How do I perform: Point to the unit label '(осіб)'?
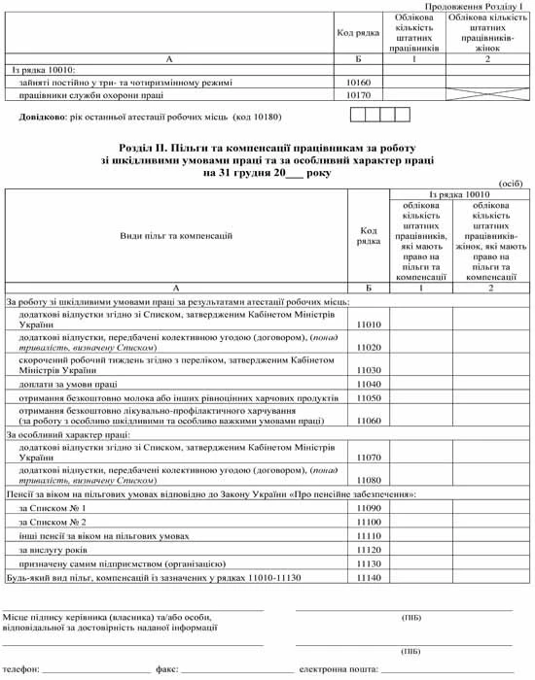510,183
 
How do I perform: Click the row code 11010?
370,324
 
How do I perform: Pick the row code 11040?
370,384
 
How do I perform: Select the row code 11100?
370,522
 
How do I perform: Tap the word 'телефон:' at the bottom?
22,669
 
